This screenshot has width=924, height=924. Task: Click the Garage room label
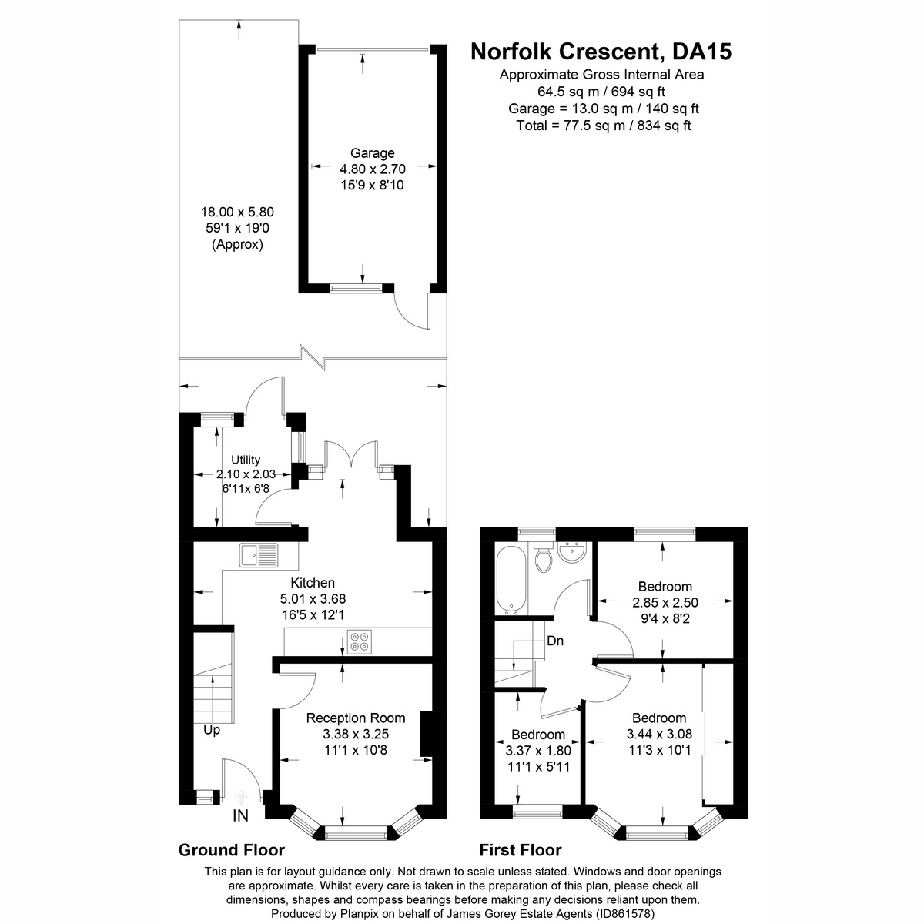(373, 153)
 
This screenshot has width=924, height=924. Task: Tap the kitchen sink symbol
(258, 555)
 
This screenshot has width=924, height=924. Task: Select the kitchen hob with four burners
(359, 641)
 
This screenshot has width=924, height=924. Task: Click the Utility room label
(246, 460)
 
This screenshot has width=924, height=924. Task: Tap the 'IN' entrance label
(240, 815)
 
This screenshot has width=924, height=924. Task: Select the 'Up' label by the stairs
(212, 729)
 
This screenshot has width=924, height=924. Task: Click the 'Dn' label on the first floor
(555, 640)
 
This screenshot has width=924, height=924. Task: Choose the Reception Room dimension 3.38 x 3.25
(356, 734)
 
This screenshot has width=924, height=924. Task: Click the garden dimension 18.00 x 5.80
(237, 212)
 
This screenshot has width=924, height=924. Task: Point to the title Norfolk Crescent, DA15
(601, 52)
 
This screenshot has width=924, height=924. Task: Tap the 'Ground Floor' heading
(232, 850)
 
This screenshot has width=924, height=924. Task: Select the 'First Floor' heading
(521, 850)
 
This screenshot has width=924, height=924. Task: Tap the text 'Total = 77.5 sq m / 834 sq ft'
(604, 126)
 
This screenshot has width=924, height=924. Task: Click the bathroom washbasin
(573, 554)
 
